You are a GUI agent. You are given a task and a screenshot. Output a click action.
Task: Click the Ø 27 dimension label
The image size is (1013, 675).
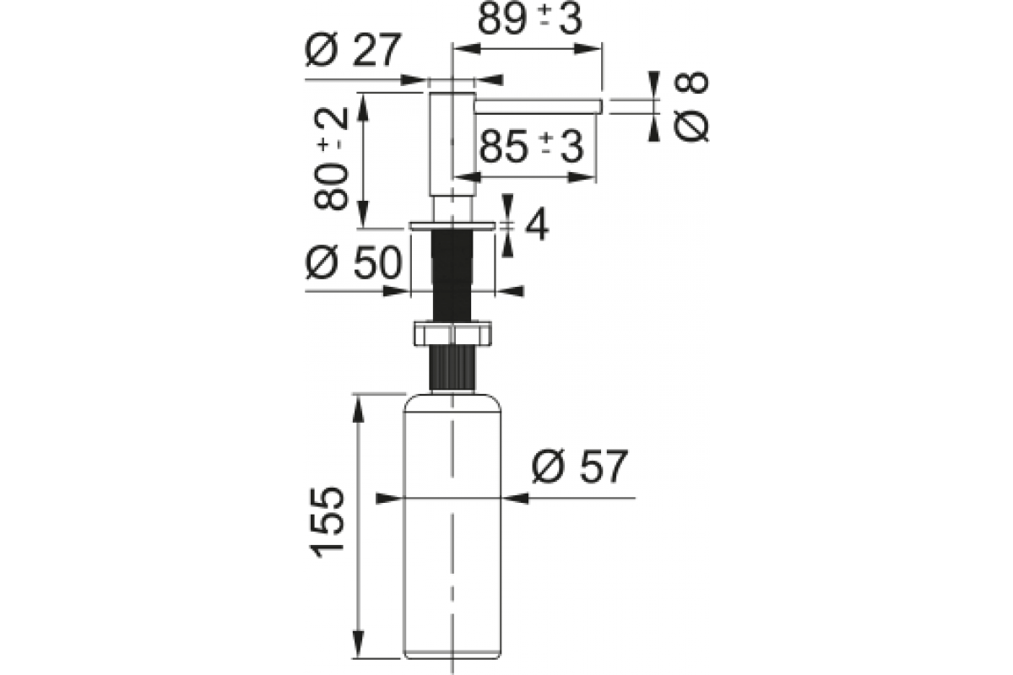click(353, 50)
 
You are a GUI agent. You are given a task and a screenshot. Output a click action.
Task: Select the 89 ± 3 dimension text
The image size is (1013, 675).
click(529, 19)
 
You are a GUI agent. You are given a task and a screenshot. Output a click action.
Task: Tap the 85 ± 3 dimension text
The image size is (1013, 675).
click(531, 147)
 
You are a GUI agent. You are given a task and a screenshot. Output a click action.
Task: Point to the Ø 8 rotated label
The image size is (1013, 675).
click(691, 106)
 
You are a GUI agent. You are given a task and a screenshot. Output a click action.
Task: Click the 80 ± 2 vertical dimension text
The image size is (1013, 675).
click(331, 159)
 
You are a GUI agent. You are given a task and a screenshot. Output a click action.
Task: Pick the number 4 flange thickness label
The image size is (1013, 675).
click(537, 224)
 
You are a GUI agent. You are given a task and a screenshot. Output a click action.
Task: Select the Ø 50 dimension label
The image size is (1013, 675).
click(353, 262)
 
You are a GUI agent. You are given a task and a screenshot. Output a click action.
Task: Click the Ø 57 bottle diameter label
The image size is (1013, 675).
click(580, 467)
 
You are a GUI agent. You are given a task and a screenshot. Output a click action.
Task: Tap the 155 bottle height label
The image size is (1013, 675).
click(326, 522)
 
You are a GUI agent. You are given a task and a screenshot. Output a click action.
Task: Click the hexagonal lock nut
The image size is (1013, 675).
click(452, 333)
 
